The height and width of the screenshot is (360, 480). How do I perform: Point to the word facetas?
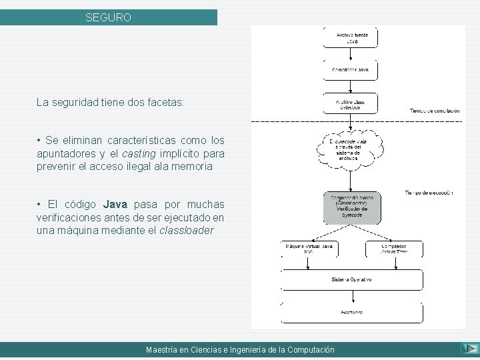pyautogui.click(x=166, y=103)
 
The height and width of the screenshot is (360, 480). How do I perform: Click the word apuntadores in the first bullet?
pyautogui.click(x=61, y=153)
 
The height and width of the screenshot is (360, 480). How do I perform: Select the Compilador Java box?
pyautogui.click(x=351, y=69)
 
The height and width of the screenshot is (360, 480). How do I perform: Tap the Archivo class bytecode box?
pyautogui.click(x=351, y=104)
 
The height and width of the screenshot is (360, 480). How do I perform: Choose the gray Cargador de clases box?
pyautogui.click(x=351, y=208)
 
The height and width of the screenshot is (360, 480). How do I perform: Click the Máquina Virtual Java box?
pyautogui.click(x=309, y=249)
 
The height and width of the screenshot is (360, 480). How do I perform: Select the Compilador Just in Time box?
pyautogui.click(x=393, y=249)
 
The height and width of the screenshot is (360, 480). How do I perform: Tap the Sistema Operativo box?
pyautogui.click(x=351, y=279)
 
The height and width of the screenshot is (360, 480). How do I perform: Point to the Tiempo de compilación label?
pyautogui.click(x=435, y=110)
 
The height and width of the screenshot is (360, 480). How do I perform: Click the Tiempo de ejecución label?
pyautogui.click(x=429, y=193)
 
